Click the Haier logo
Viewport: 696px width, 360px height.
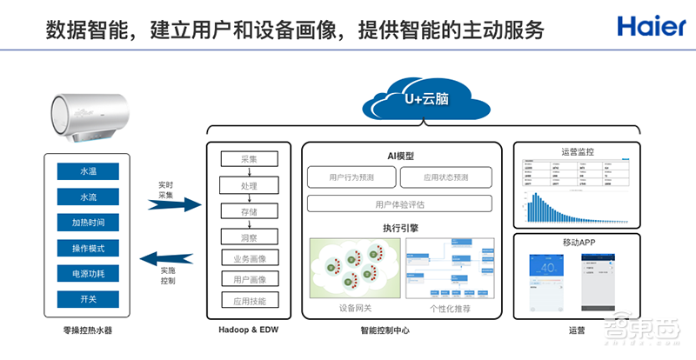[x=652, y=25]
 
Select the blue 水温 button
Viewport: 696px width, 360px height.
[x=88, y=171]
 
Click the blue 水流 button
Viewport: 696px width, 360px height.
[x=88, y=197]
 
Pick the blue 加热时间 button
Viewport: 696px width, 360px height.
[x=88, y=223]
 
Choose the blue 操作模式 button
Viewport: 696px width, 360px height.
[x=88, y=249]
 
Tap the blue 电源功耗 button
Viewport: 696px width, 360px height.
[x=88, y=274]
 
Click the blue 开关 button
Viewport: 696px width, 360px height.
[x=88, y=299]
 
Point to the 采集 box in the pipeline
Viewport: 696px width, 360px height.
[x=250, y=159]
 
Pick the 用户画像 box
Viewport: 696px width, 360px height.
[x=250, y=279]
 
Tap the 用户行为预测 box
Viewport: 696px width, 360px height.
[x=350, y=177]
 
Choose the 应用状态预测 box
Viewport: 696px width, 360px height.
[x=446, y=177]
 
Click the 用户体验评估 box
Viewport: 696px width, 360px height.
[x=399, y=204]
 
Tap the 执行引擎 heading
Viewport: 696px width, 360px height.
[x=400, y=227]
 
